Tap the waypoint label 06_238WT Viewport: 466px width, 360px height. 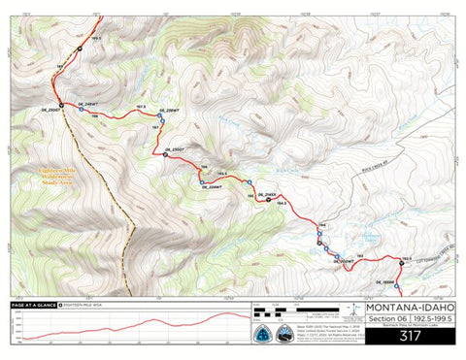point(169,112)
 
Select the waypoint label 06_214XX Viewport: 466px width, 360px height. point(251,196)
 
